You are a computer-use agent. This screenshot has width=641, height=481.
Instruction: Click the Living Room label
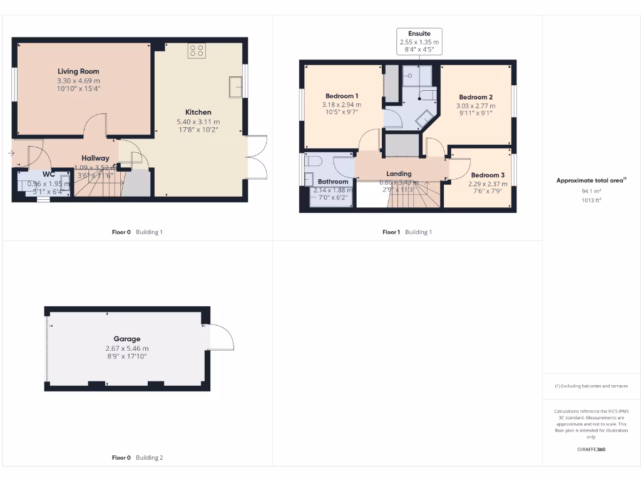(78, 71)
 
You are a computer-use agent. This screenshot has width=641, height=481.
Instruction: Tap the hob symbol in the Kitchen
(197, 51)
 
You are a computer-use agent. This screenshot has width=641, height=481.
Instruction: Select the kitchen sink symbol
(237, 87)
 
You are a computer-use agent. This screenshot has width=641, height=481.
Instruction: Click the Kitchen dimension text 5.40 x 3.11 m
(198, 122)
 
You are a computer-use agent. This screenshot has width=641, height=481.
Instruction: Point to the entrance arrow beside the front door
(12, 153)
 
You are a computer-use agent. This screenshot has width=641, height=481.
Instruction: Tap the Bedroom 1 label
(341, 96)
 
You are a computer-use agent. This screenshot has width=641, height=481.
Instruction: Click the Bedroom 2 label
(476, 97)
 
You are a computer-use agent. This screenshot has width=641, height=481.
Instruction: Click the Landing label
(399, 173)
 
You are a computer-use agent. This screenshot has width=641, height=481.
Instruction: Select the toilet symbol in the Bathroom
(313, 162)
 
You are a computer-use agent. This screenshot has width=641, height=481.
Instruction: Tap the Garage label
(127, 339)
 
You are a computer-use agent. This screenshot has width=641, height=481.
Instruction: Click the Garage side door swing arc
(223, 336)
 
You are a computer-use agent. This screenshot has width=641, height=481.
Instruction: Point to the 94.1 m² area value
(592, 192)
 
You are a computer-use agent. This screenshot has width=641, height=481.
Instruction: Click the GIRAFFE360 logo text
(592, 449)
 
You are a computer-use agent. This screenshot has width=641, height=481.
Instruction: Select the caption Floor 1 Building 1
(407, 232)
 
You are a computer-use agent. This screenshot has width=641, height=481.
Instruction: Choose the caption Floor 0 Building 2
(137, 458)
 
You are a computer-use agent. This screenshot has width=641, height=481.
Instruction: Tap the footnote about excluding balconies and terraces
(592, 386)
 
